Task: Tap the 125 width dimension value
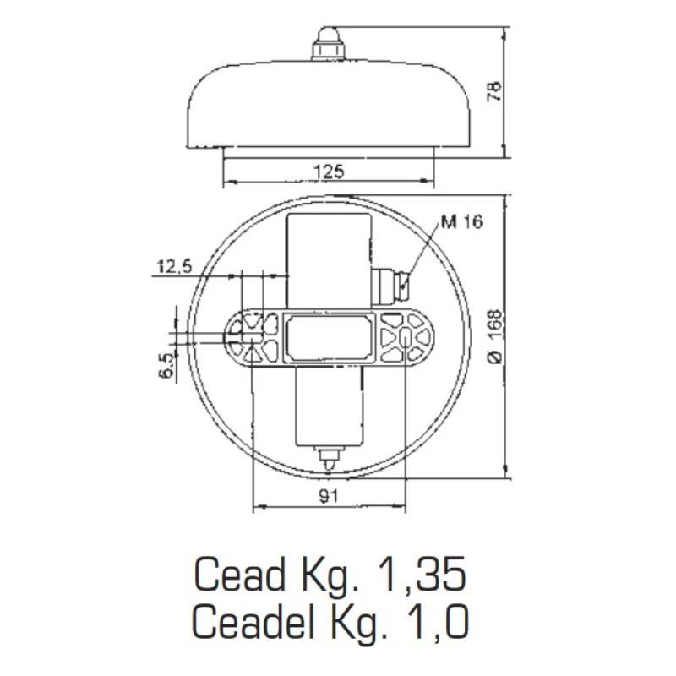[x=329, y=172]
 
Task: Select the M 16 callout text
[x=461, y=221]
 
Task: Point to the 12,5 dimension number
[x=174, y=266]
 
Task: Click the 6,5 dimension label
[x=167, y=364]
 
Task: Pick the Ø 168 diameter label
[x=495, y=336]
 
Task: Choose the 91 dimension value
[x=329, y=496]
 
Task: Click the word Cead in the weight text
[x=239, y=575]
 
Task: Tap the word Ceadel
[x=253, y=621]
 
